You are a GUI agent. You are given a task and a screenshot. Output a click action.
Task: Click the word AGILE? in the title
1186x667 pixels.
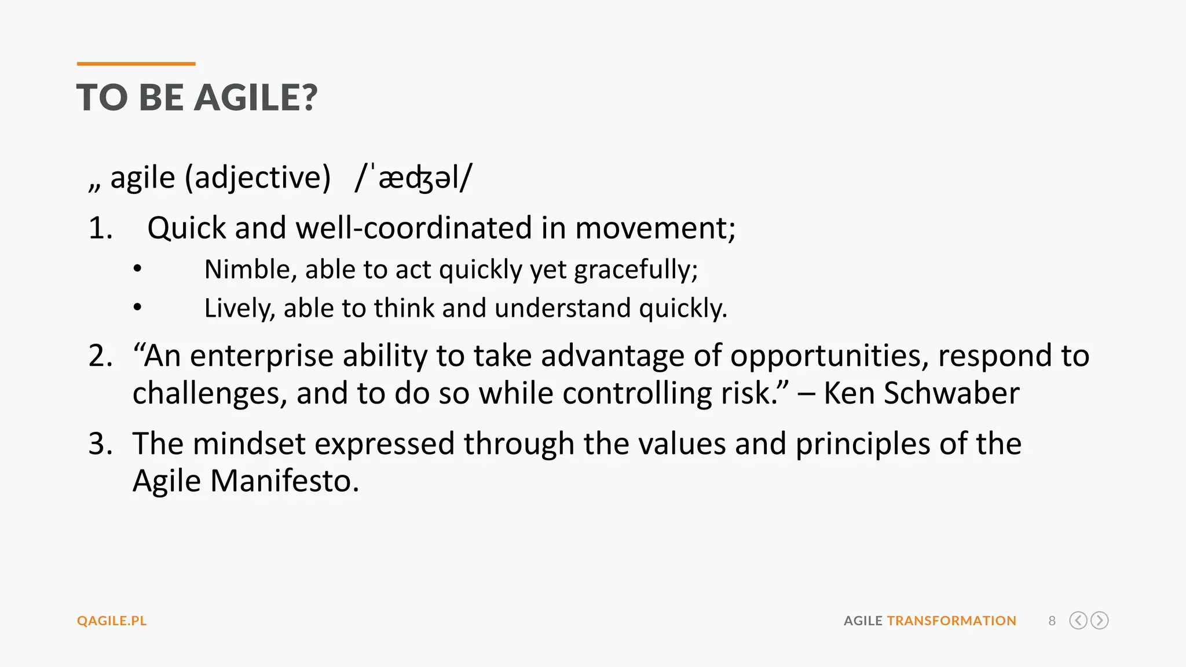point(256,97)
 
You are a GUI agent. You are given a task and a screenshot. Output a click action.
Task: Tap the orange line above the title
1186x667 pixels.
point(136,64)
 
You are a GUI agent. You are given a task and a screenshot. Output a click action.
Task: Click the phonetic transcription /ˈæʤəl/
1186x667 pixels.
point(413,177)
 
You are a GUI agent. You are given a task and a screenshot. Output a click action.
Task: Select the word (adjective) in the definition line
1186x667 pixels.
point(258,177)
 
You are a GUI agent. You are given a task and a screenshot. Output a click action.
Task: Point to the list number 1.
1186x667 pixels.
point(100,228)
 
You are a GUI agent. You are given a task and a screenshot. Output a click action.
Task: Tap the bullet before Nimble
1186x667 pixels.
point(137,269)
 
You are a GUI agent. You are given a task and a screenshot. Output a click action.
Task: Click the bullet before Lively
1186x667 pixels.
point(137,307)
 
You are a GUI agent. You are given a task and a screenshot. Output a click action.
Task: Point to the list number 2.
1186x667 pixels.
point(100,356)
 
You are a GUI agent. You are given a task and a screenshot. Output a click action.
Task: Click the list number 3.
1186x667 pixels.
point(100,444)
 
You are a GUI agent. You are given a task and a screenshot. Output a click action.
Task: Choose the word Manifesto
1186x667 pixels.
point(284,481)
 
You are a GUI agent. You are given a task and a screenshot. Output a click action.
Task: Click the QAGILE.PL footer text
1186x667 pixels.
point(112,621)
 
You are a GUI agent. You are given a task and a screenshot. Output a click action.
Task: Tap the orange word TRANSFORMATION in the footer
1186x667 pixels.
point(951,621)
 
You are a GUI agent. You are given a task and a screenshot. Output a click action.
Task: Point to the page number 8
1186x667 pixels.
point(1052,621)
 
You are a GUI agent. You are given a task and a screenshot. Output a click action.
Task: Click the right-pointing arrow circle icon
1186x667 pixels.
point(1099,621)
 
